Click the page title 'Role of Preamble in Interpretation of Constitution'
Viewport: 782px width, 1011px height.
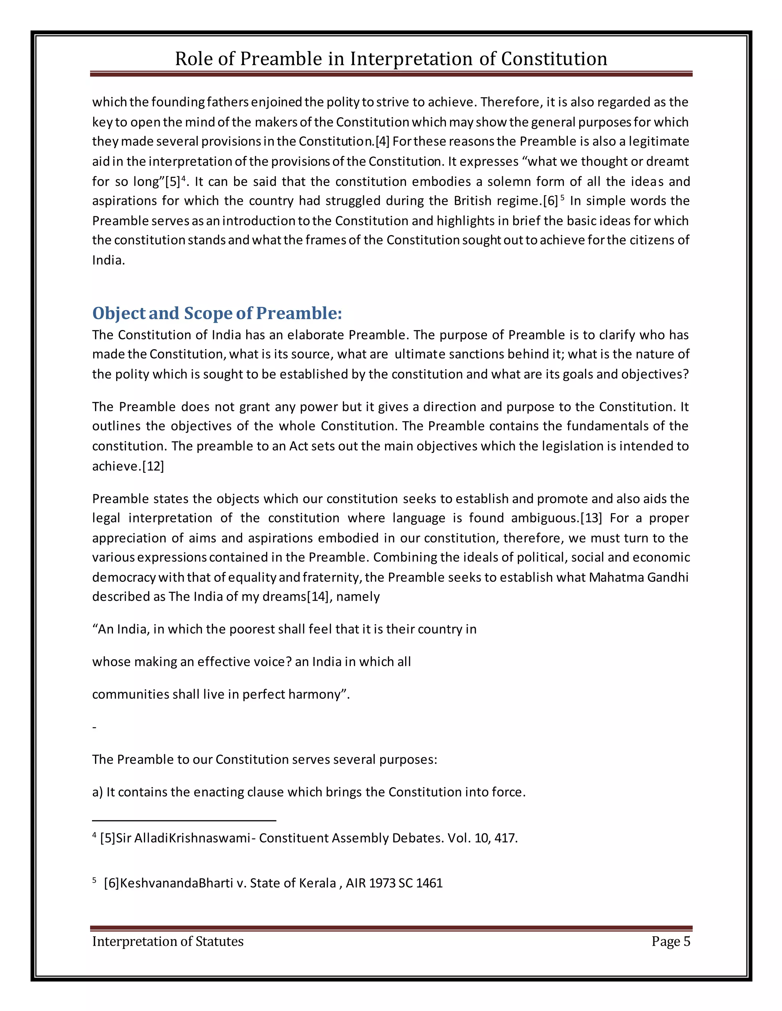(391, 59)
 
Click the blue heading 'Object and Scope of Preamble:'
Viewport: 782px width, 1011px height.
(217, 313)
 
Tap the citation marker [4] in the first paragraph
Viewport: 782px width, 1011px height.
(382, 142)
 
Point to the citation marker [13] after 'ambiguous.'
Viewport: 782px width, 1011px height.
(591, 518)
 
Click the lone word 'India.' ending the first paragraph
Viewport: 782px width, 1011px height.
(108, 260)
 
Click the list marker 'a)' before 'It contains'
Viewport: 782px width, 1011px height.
(97, 792)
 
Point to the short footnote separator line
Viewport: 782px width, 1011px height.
(184, 821)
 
